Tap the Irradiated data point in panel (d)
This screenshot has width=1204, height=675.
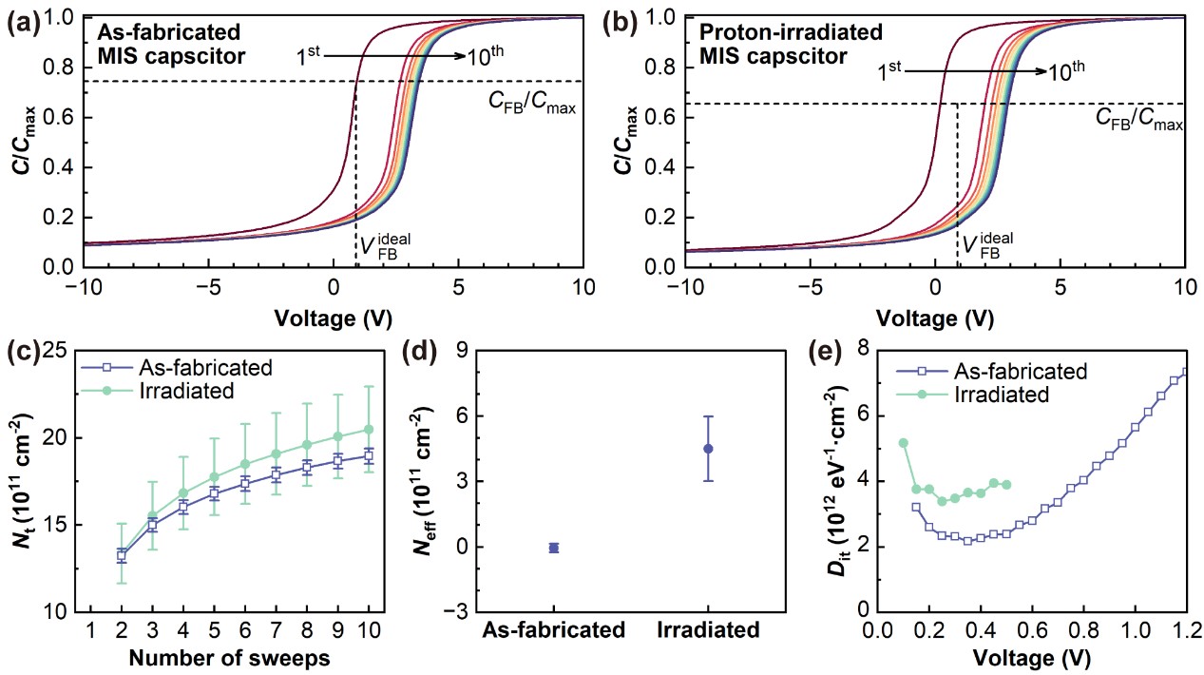click(708, 449)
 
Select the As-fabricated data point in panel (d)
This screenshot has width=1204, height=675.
click(554, 548)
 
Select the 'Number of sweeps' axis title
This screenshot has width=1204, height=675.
click(229, 658)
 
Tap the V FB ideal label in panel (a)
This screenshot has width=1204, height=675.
click(385, 245)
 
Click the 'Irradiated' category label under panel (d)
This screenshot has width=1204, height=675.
click(708, 629)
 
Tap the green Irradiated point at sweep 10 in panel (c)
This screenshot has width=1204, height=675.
click(369, 430)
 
